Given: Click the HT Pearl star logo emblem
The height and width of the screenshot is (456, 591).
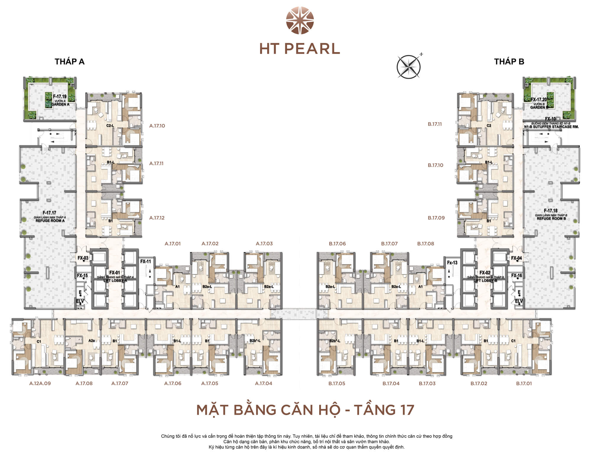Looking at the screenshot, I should [x=300, y=20].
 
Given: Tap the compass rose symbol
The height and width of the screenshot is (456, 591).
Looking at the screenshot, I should [x=408, y=67].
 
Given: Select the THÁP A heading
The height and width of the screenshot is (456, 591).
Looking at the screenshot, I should [x=69, y=61].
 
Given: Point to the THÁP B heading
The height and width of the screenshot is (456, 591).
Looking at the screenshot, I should [x=509, y=61].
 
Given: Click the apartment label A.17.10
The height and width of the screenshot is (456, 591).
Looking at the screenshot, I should [x=157, y=126].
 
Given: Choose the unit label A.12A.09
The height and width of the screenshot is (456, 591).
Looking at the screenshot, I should [x=40, y=383].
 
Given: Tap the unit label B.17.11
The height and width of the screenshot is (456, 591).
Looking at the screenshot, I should [x=435, y=124].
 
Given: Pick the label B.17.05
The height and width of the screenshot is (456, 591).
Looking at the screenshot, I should [x=337, y=383].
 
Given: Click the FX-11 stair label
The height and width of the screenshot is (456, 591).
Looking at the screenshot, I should [x=145, y=261].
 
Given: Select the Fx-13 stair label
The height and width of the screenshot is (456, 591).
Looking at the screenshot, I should [x=452, y=262].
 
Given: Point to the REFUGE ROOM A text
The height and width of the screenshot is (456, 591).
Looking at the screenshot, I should [x=50, y=220].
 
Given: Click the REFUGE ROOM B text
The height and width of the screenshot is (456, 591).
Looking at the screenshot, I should [x=551, y=218].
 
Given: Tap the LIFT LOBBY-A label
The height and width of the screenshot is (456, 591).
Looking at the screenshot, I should [x=115, y=280].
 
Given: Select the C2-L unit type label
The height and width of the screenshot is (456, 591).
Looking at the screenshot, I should [x=110, y=126].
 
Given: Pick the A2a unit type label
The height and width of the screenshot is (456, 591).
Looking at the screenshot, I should [x=92, y=341].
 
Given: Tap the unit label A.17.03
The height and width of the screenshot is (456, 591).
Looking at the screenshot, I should [x=264, y=244].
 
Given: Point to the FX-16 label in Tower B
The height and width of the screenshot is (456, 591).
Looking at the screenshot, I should [x=516, y=275].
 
